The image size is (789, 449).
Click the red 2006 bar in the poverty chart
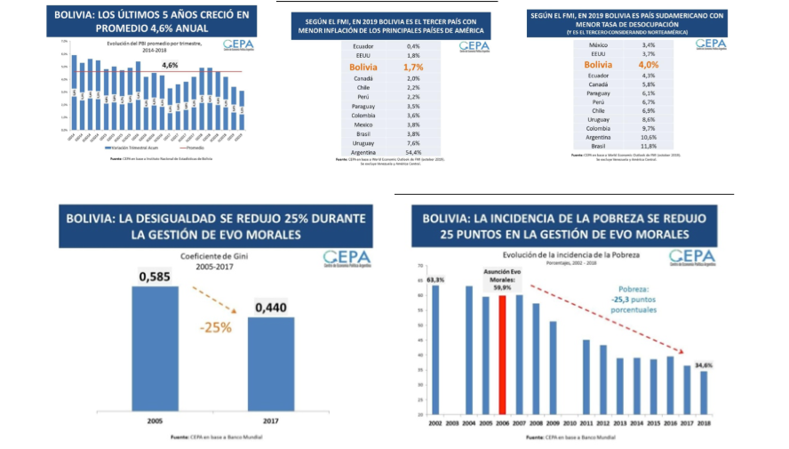[x=503, y=355]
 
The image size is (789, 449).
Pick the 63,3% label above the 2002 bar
[x=435, y=280]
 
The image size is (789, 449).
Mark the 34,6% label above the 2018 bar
[x=704, y=365]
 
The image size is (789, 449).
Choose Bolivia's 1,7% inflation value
[x=413, y=66]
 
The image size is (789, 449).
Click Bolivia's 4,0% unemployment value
[x=649, y=64]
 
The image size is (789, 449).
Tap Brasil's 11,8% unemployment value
[x=649, y=145]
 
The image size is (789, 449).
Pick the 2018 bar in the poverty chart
[x=704, y=392]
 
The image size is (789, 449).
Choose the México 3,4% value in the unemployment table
[x=649, y=45]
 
